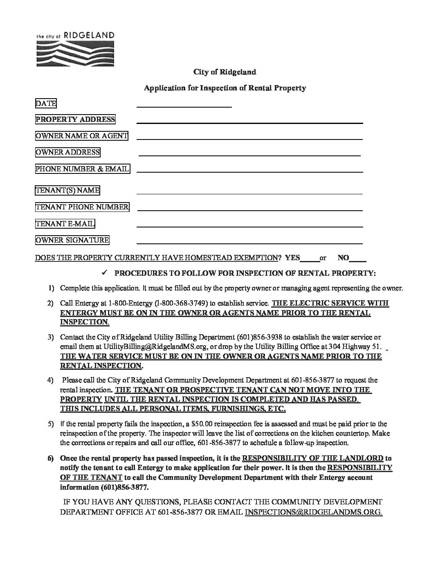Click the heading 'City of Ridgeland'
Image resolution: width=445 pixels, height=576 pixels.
tap(225, 72)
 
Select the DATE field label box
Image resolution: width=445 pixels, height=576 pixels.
tap(46, 103)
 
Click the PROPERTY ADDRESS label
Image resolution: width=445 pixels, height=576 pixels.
tap(75, 119)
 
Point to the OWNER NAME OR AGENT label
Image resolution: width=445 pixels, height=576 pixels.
tap(81, 136)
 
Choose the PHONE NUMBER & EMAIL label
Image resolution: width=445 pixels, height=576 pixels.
tap(82, 169)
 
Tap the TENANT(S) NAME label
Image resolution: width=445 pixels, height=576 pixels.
tap(67, 190)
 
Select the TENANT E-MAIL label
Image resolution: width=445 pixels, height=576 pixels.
tap(65, 223)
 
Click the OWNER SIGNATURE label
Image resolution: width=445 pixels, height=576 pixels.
tap(72, 240)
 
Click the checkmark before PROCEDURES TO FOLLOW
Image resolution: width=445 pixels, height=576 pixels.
tap(104, 272)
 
